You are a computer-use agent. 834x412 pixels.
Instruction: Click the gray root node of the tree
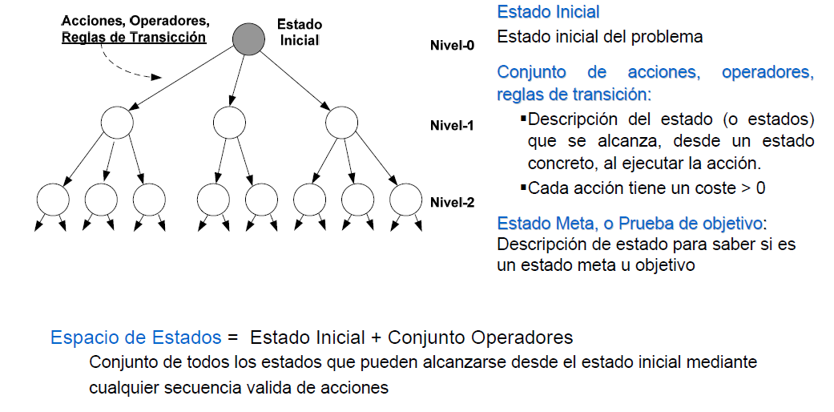pos(249,39)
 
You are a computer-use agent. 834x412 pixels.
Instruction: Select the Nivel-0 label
pos(452,46)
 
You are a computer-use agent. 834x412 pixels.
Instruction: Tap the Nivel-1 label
pos(452,126)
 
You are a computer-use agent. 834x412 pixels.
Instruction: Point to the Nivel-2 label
pos(452,202)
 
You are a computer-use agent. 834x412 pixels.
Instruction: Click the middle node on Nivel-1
pos(229,123)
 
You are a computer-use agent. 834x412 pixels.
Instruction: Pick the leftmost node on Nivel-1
pos(117,123)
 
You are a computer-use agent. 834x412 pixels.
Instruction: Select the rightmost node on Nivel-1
pos(341,123)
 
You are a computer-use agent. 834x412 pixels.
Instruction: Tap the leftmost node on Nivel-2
pos(53,199)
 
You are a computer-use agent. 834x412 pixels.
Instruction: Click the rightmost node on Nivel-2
pos(405,199)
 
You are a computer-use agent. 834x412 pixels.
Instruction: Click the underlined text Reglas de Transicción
pos(134,37)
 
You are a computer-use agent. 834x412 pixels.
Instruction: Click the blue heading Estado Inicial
pos(548,13)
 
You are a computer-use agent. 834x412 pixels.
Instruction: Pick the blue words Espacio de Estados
pos(135,337)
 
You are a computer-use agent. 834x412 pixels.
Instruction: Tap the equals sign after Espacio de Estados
pos(233,337)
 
